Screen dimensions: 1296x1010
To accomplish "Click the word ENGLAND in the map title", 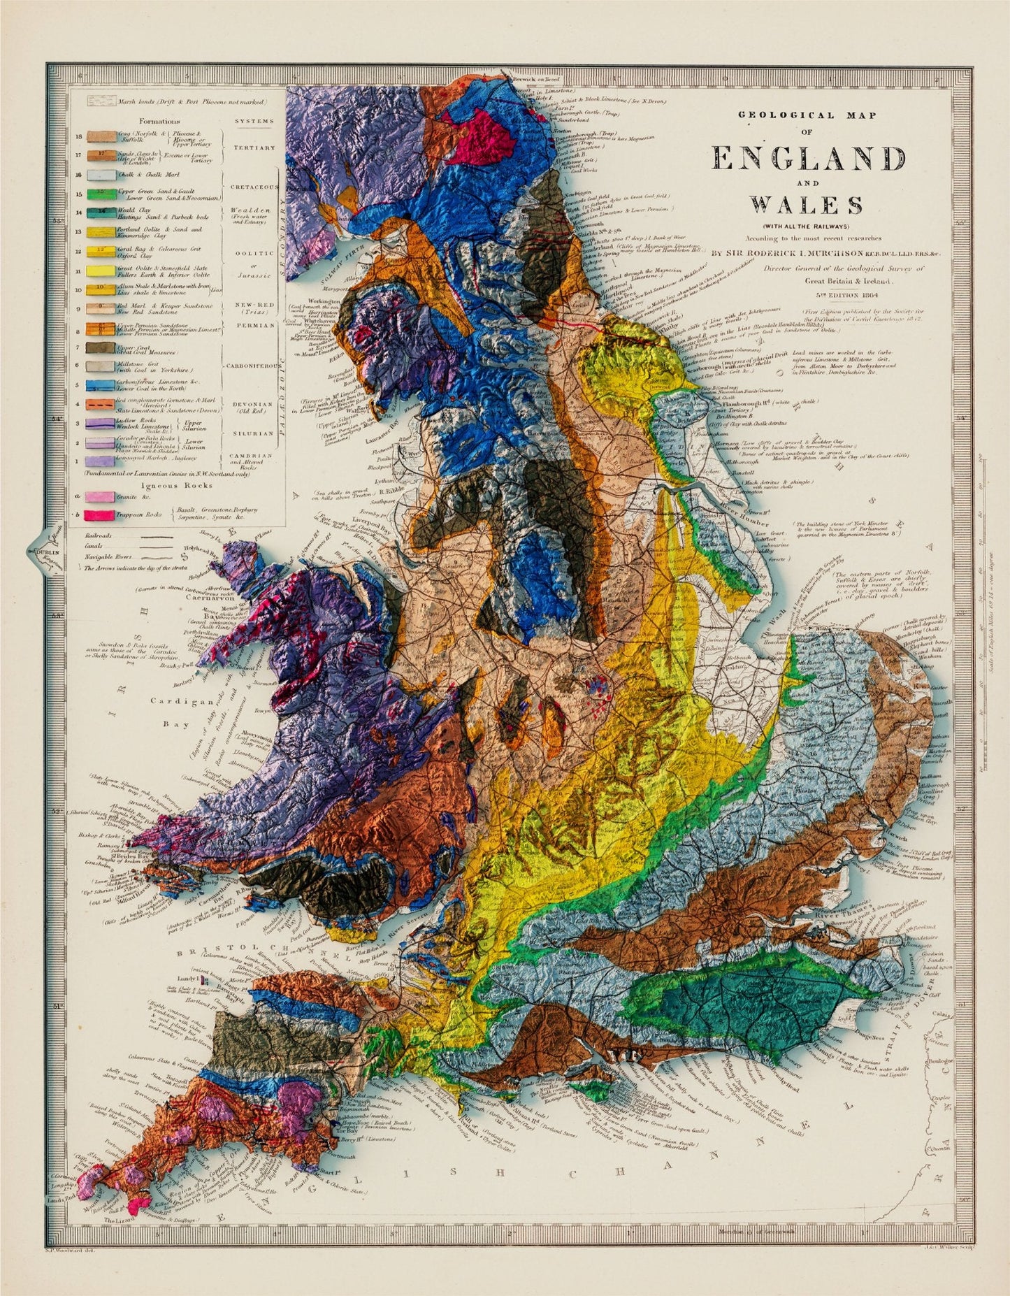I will pos(808,159).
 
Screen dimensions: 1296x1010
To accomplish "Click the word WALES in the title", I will pos(806,206).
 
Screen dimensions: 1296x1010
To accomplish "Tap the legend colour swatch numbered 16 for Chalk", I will pos(101,175).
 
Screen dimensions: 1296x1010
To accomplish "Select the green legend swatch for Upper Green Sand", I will pos(101,192).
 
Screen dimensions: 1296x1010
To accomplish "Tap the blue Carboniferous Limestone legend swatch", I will pos(101,384).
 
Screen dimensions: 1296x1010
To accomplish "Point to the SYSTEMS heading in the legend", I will pos(254,121).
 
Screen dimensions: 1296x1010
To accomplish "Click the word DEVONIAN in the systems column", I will pos(254,404).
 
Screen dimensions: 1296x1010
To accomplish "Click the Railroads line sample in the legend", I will pos(158,538).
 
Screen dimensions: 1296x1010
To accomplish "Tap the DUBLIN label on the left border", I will pos(49,552).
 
